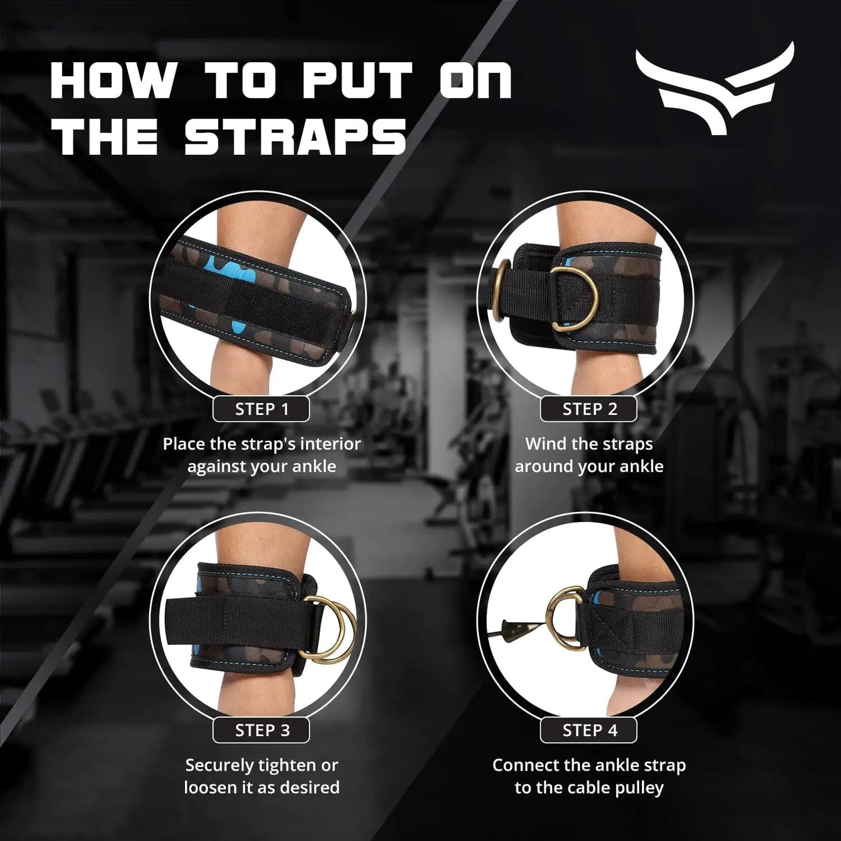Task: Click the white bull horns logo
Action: point(715,87)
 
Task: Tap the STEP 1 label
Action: point(261,409)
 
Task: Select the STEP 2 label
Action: point(589,409)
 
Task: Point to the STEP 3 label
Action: point(261,730)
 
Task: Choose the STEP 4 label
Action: point(589,730)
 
